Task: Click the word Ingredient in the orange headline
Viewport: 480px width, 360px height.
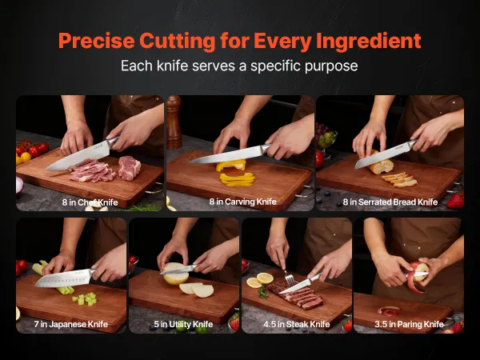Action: (369, 42)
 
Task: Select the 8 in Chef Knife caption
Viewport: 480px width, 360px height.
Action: (90, 202)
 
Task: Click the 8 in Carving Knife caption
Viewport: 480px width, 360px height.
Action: (242, 202)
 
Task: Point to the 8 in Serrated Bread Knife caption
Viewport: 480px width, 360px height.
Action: (390, 202)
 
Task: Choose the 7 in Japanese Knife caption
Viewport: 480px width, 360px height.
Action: (71, 324)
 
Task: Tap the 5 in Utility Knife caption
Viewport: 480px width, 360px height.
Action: (183, 324)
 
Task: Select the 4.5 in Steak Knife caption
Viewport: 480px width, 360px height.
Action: (297, 324)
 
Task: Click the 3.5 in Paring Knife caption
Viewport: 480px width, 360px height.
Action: (410, 324)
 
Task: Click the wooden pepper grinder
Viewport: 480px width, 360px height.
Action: (174, 122)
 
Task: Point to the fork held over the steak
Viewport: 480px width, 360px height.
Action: (288, 278)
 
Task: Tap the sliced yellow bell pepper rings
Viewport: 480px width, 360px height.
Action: (238, 179)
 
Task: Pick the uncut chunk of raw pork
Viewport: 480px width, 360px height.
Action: (129, 167)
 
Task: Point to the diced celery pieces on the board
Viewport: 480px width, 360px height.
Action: (85, 298)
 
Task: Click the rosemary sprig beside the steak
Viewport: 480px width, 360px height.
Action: (262, 291)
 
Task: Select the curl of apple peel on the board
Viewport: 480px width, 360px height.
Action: (389, 311)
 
